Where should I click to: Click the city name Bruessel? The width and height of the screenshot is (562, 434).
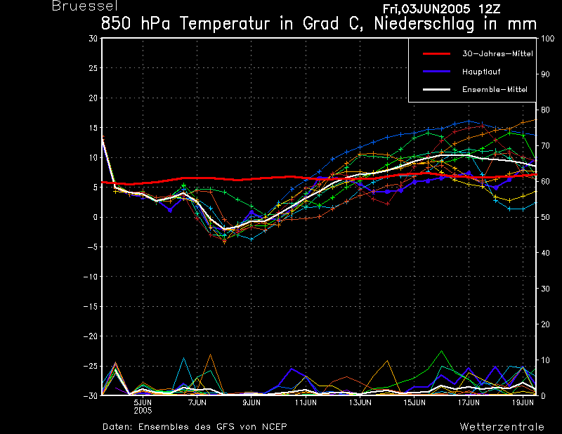coord(85,6)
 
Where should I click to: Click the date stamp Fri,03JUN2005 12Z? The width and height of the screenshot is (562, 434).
coord(441,9)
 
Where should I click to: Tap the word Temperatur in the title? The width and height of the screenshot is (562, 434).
coord(224,24)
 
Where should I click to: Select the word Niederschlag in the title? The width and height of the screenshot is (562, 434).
coord(424,24)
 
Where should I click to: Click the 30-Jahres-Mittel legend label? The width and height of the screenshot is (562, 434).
coord(497,54)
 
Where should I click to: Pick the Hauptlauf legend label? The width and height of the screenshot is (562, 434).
coord(481,72)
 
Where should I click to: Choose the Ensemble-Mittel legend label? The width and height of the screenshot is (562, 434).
coord(495,89)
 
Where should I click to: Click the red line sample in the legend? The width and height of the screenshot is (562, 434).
coord(436,54)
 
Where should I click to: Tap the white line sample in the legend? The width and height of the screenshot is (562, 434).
coord(436,89)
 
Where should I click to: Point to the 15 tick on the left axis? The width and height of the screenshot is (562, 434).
coord(93,128)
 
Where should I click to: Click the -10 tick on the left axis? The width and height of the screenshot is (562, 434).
coord(91,277)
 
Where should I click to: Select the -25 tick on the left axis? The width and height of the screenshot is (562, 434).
coord(91,367)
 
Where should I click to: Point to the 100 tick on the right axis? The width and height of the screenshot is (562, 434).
coord(547,39)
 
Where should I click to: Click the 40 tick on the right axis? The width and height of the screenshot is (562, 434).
coord(545,253)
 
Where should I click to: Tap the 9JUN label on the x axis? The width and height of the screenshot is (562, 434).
coord(251,402)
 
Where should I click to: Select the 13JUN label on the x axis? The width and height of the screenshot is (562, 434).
coord(360,402)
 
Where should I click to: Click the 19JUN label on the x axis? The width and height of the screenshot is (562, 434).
coord(523,402)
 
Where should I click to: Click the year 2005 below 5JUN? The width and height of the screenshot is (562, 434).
coord(143,411)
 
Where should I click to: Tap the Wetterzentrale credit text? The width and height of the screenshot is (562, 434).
coord(502,427)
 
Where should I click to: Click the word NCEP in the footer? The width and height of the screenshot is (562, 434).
coord(274,427)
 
